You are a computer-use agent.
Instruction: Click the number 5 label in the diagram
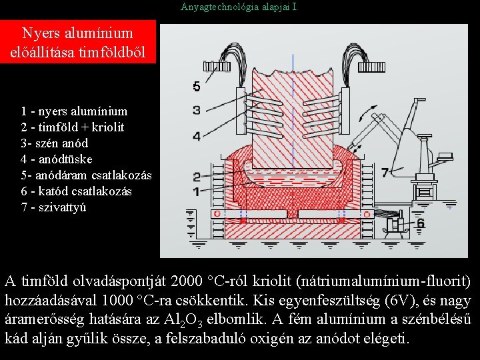(196, 86)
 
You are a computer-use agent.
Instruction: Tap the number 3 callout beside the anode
(196, 109)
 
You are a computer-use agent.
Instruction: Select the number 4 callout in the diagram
(196, 136)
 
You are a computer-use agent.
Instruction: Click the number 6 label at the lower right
(419, 223)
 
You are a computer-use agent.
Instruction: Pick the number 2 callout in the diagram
(196, 177)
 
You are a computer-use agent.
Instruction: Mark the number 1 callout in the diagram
(196, 191)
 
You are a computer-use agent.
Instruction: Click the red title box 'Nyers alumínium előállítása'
(77, 43)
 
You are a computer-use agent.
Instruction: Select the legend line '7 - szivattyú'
(54, 207)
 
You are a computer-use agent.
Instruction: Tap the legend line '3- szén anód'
(54, 143)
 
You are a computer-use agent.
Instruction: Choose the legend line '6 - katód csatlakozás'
(76, 191)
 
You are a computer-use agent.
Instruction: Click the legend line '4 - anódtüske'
(57, 159)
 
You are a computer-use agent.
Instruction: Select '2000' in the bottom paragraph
(186, 281)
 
